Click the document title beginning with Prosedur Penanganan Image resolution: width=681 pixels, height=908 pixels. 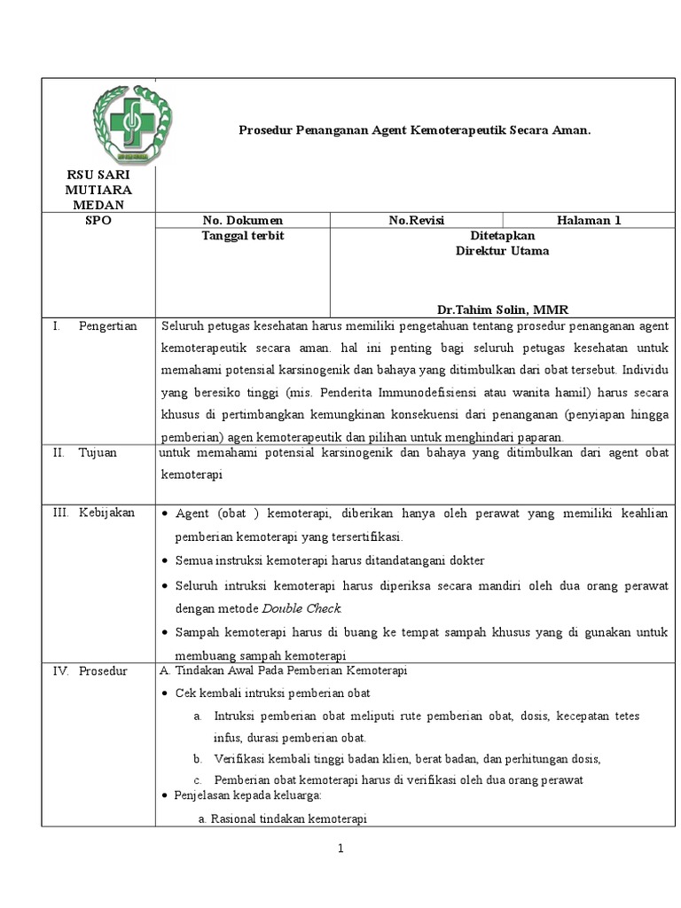pos(414,130)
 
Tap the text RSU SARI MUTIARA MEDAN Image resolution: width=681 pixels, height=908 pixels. pos(98,191)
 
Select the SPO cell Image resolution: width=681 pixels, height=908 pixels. pos(98,221)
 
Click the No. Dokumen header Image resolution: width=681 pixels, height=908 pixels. pos(242,221)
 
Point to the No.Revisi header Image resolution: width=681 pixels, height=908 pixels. pos(416,221)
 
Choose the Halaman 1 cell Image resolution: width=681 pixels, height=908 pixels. pos(589,221)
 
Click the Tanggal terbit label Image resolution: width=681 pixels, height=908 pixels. pos(242,236)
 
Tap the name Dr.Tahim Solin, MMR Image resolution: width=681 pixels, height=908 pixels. pos(502,309)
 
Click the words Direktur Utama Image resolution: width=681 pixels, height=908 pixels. pos(502,250)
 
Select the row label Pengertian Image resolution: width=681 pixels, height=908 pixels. pos(106,325)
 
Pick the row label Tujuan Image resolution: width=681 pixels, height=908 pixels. pos(97,452)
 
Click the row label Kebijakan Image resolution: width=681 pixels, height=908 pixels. pos(106,513)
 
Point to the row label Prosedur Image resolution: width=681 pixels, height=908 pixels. pos(103,671)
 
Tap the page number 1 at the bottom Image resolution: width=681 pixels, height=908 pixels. pos(340,849)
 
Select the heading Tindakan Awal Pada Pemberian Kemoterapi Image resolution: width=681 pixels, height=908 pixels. pos(281,670)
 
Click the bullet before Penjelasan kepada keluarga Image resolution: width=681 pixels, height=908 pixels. pos(164,797)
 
